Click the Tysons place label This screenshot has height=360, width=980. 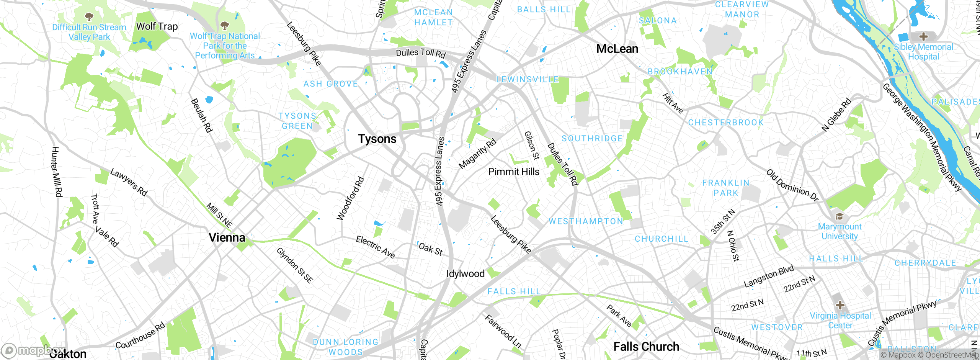point(377,139)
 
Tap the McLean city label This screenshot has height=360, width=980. point(617,49)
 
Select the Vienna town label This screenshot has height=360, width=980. point(227,238)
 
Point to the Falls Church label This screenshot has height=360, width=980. point(646,347)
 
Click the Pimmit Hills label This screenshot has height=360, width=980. point(514,172)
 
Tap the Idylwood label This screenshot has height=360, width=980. point(465,274)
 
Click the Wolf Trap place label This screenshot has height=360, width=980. point(157,26)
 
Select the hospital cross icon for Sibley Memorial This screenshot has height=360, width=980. point(923,36)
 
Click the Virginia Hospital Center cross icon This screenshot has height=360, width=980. point(840,305)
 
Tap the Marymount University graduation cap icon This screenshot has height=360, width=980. point(840,216)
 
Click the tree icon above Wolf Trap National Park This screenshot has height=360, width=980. point(225,26)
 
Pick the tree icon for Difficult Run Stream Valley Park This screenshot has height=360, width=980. point(89,16)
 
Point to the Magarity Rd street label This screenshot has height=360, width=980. point(477,154)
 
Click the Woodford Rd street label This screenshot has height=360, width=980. point(350,198)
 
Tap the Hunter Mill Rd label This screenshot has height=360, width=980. point(56,172)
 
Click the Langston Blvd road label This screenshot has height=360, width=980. point(769,277)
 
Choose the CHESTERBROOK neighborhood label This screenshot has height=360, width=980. point(726,123)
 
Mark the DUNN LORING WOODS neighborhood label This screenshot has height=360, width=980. point(345,347)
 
